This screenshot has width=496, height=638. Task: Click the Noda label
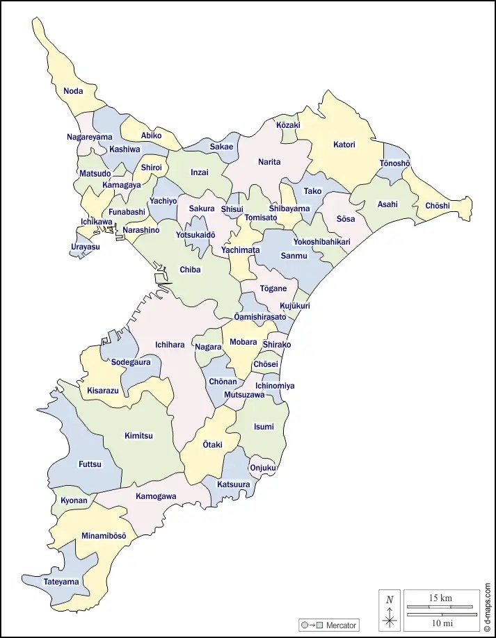(73, 91)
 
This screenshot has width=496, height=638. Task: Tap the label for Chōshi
(438, 206)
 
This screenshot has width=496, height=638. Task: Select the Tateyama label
(61, 582)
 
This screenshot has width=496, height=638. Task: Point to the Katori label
(344, 145)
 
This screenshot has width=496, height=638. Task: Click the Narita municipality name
(269, 162)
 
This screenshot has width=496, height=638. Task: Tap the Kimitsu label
(138, 436)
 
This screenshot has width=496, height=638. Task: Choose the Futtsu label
(90, 464)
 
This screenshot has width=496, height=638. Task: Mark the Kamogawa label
(156, 496)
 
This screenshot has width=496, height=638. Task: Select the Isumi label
(264, 427)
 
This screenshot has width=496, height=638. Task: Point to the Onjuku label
(262, 468)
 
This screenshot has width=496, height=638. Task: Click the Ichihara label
(170, 345)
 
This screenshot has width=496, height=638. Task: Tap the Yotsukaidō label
(195, 235)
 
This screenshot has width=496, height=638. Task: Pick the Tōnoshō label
(394, 163)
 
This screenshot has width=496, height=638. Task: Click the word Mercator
(341, 625)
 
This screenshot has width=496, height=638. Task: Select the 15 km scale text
(441, 598)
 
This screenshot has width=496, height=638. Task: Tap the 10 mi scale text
(441, 622)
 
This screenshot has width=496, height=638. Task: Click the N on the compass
(390, 599)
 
